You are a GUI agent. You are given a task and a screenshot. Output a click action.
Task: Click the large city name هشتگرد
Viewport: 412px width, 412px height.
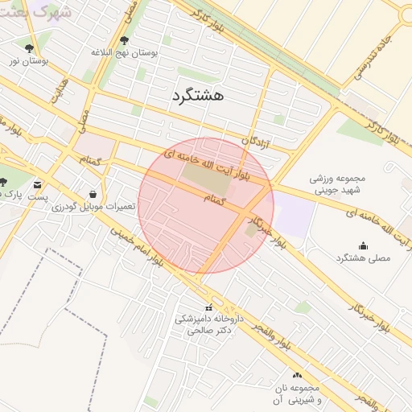[196, 96]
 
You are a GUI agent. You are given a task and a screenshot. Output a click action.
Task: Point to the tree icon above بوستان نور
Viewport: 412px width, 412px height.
[30, 48]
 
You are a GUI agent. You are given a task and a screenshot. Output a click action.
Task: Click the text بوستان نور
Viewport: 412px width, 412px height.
[29, 60]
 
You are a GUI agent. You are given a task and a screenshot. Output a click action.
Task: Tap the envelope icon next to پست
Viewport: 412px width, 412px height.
[39, 185]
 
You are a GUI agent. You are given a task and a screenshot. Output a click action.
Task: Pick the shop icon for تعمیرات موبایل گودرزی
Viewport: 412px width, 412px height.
[93, 194]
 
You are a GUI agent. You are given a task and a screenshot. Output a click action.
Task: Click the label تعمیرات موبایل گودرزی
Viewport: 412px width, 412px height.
[94, 207]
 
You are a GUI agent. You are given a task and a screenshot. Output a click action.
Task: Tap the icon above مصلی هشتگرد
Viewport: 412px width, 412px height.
[362, 245]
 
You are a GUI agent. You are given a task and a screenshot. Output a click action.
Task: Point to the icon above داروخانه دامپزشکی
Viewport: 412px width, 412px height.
[209, 307]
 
